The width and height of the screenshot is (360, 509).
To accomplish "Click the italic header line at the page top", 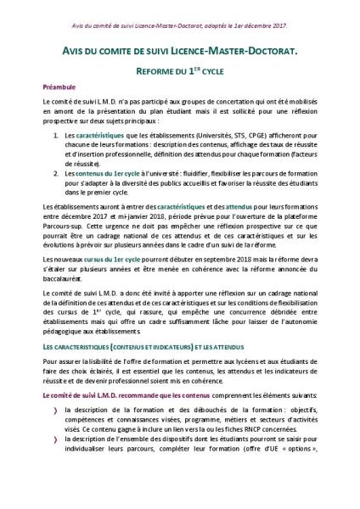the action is pyautogui.click(x=179, y=11).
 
